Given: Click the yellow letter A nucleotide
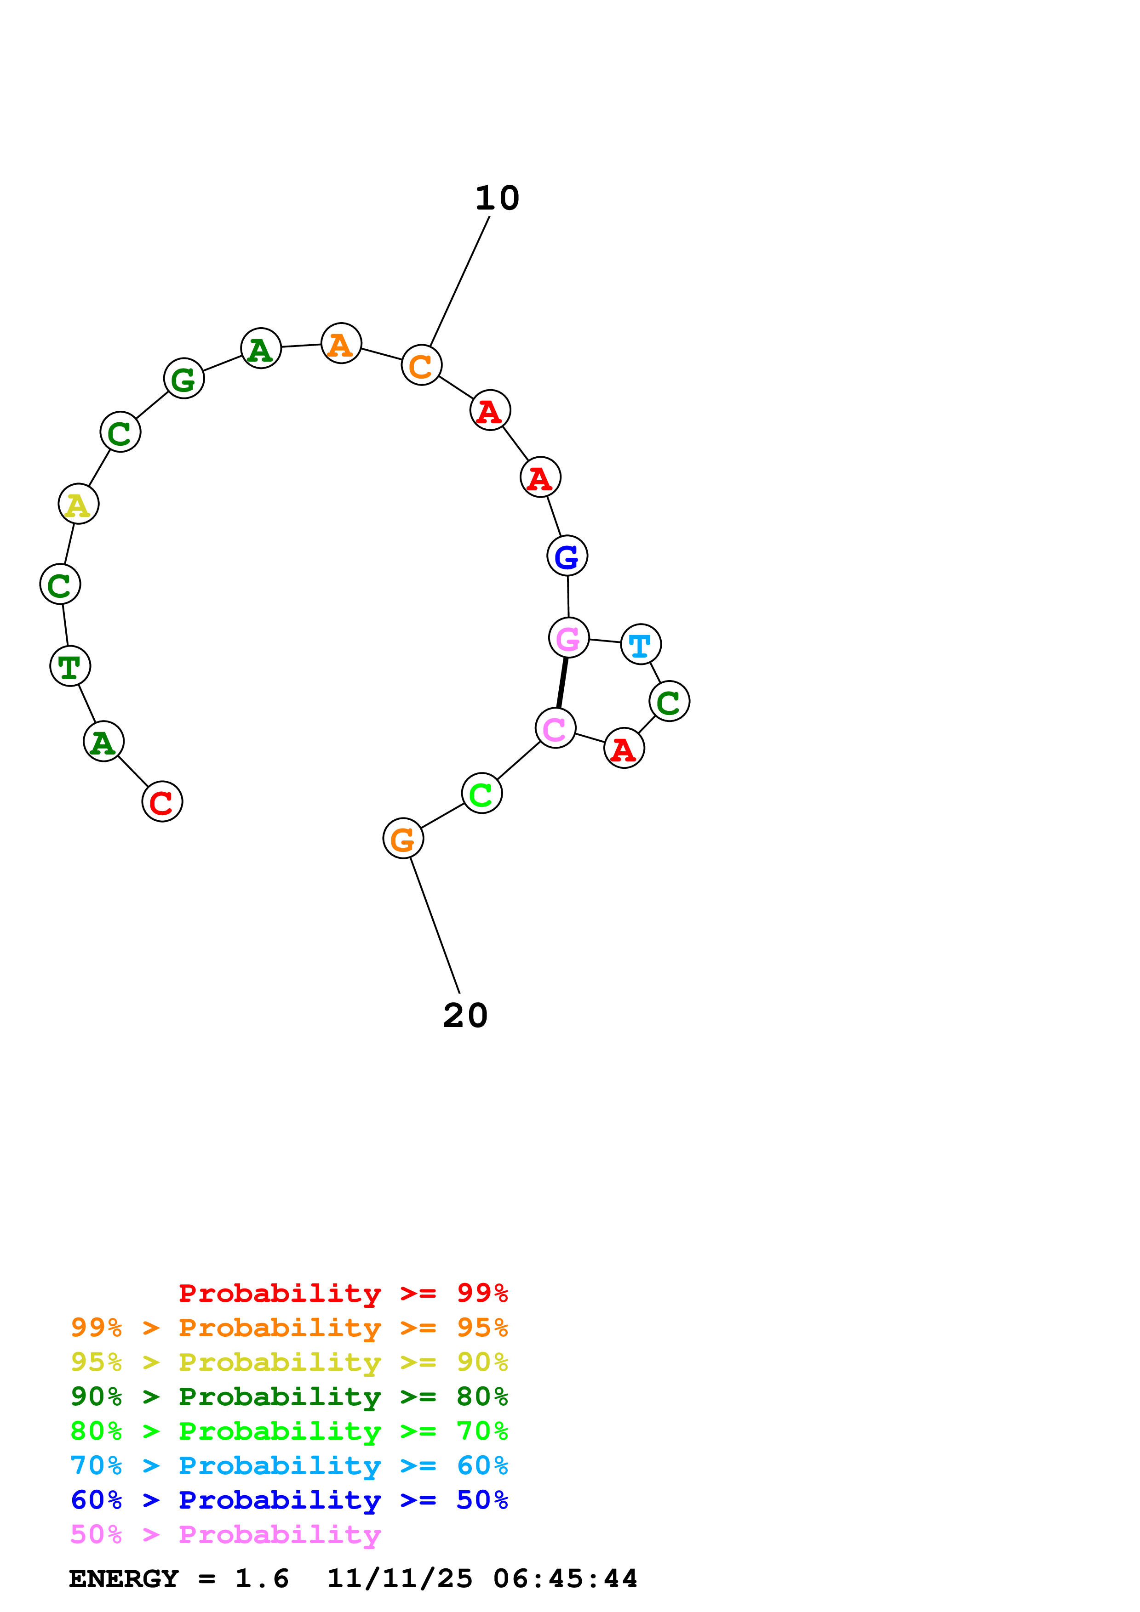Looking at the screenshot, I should point(78,504).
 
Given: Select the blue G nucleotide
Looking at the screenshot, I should point(567,556).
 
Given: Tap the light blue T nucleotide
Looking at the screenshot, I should point(641,644).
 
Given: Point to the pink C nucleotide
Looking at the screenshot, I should point(555,728).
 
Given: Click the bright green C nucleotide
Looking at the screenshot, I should point(481,793).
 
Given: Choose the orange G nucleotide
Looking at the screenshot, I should point(402,838).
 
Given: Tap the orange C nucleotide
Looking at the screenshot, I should point(421,365).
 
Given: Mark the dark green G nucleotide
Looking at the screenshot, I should point(183,379).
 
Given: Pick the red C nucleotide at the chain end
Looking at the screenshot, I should point(161,802).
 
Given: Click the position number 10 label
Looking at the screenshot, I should point(497,199).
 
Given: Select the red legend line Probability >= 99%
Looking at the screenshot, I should point(343,1293).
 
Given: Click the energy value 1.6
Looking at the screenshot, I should point(261,1579).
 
